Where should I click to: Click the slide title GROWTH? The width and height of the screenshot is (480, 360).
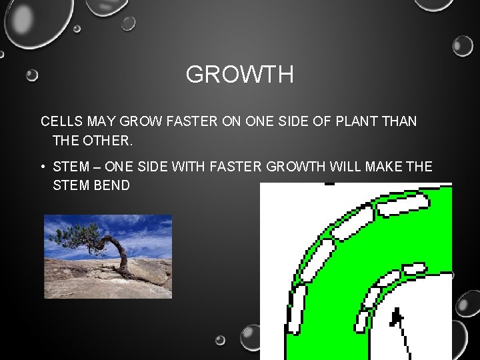click(x=239, y=75)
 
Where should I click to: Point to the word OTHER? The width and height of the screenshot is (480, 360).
click(x=109, y=141)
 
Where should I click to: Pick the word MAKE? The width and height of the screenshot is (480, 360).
click(x=384, y=166)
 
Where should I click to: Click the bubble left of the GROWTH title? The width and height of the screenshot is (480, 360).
click(x=32, y=75)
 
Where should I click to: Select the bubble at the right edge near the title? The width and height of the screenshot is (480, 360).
click(x=462, y=46)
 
